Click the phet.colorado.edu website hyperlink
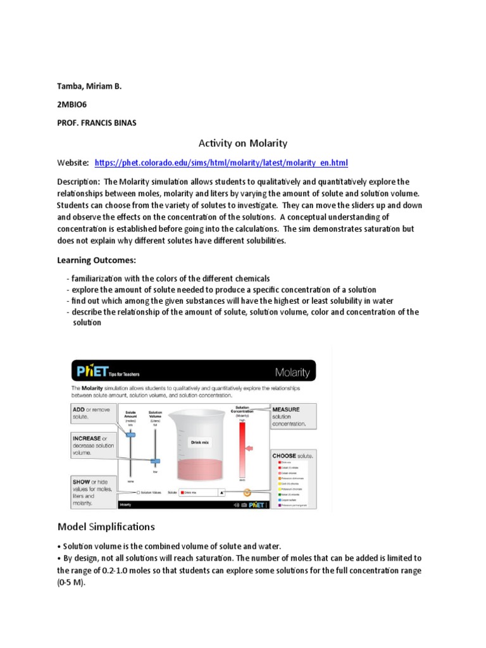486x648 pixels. click(x=221, y=163)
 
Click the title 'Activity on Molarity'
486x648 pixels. click(x=243, y=143)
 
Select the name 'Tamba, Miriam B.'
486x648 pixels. click(x=89, y=87)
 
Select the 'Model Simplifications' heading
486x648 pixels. click(x=106, y=526)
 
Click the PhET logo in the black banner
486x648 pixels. click(x=92, y=370)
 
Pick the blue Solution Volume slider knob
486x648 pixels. click(x=155, y=461)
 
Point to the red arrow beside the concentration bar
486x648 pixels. click(x=251, y=449)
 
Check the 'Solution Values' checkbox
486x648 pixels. click(x=139, y=492)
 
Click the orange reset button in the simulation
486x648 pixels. click(x=247, y=492)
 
